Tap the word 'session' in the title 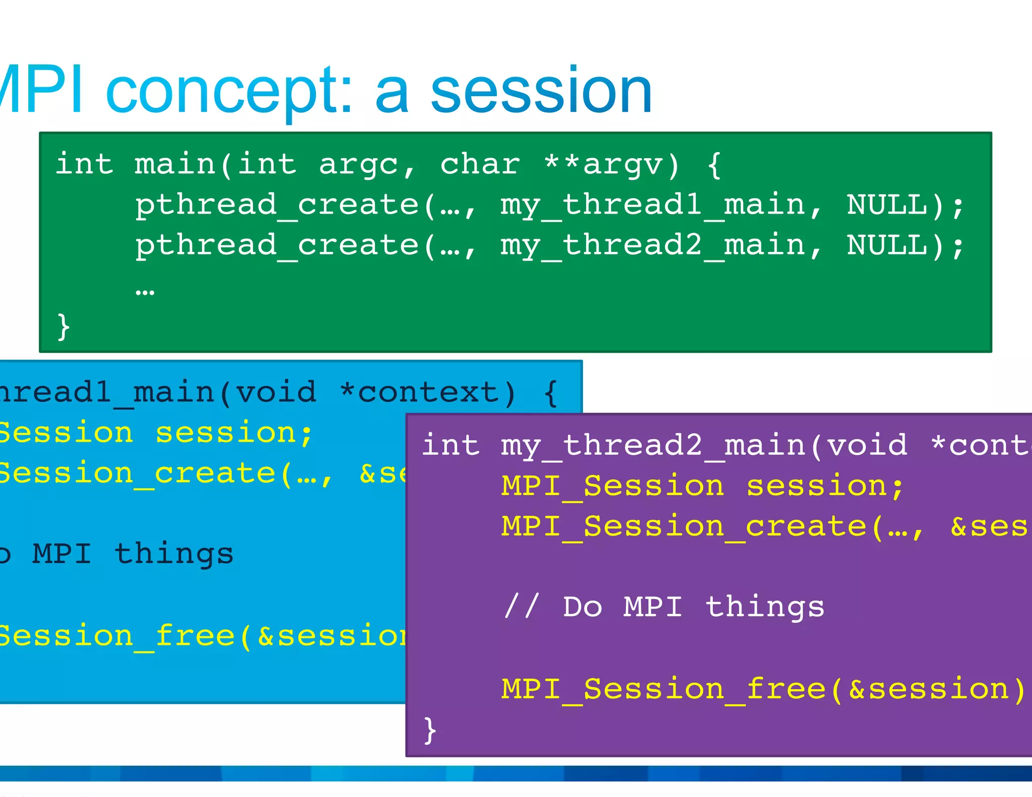point(542,92)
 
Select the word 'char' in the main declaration point(480,164)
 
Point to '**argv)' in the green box point(613,164)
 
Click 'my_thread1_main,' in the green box point(662,206)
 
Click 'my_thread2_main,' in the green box point(662,246)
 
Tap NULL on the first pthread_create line point(887,205)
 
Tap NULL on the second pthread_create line point(887,245)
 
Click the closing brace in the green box point(63,327)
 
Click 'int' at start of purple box point(450,445)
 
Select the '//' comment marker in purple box point(522,607)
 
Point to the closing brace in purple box point(430,730)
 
